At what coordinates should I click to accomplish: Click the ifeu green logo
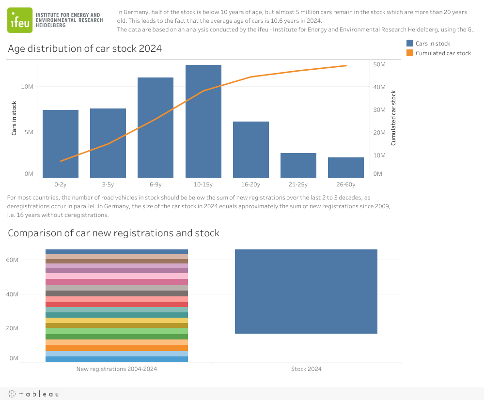(20, 20)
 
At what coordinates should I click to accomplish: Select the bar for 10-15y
(203, 121)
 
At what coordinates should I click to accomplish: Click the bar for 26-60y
(346, 167)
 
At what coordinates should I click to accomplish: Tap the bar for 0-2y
(61, 143)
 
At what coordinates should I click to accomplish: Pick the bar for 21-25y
(298, 165)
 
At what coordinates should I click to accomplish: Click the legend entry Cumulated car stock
(443, 53)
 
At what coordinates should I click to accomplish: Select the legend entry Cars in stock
(433, 44)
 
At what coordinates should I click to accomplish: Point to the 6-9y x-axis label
(156, 185)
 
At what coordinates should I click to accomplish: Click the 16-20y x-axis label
(250, 185)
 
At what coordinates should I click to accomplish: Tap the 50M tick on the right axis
(379, 64)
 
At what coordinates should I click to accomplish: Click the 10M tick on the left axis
(27, 87)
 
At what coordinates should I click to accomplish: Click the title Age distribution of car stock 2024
(85, 49)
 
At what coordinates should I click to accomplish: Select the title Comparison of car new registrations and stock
(114, 233)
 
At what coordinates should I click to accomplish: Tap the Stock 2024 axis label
(306, 369)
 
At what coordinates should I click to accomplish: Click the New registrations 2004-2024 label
(117, 369)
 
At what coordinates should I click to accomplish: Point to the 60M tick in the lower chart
(26, 260)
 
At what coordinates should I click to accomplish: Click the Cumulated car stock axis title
(393, 118)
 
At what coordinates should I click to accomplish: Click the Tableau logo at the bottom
(32, 394)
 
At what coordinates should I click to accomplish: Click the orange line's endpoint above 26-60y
(346, 65)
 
